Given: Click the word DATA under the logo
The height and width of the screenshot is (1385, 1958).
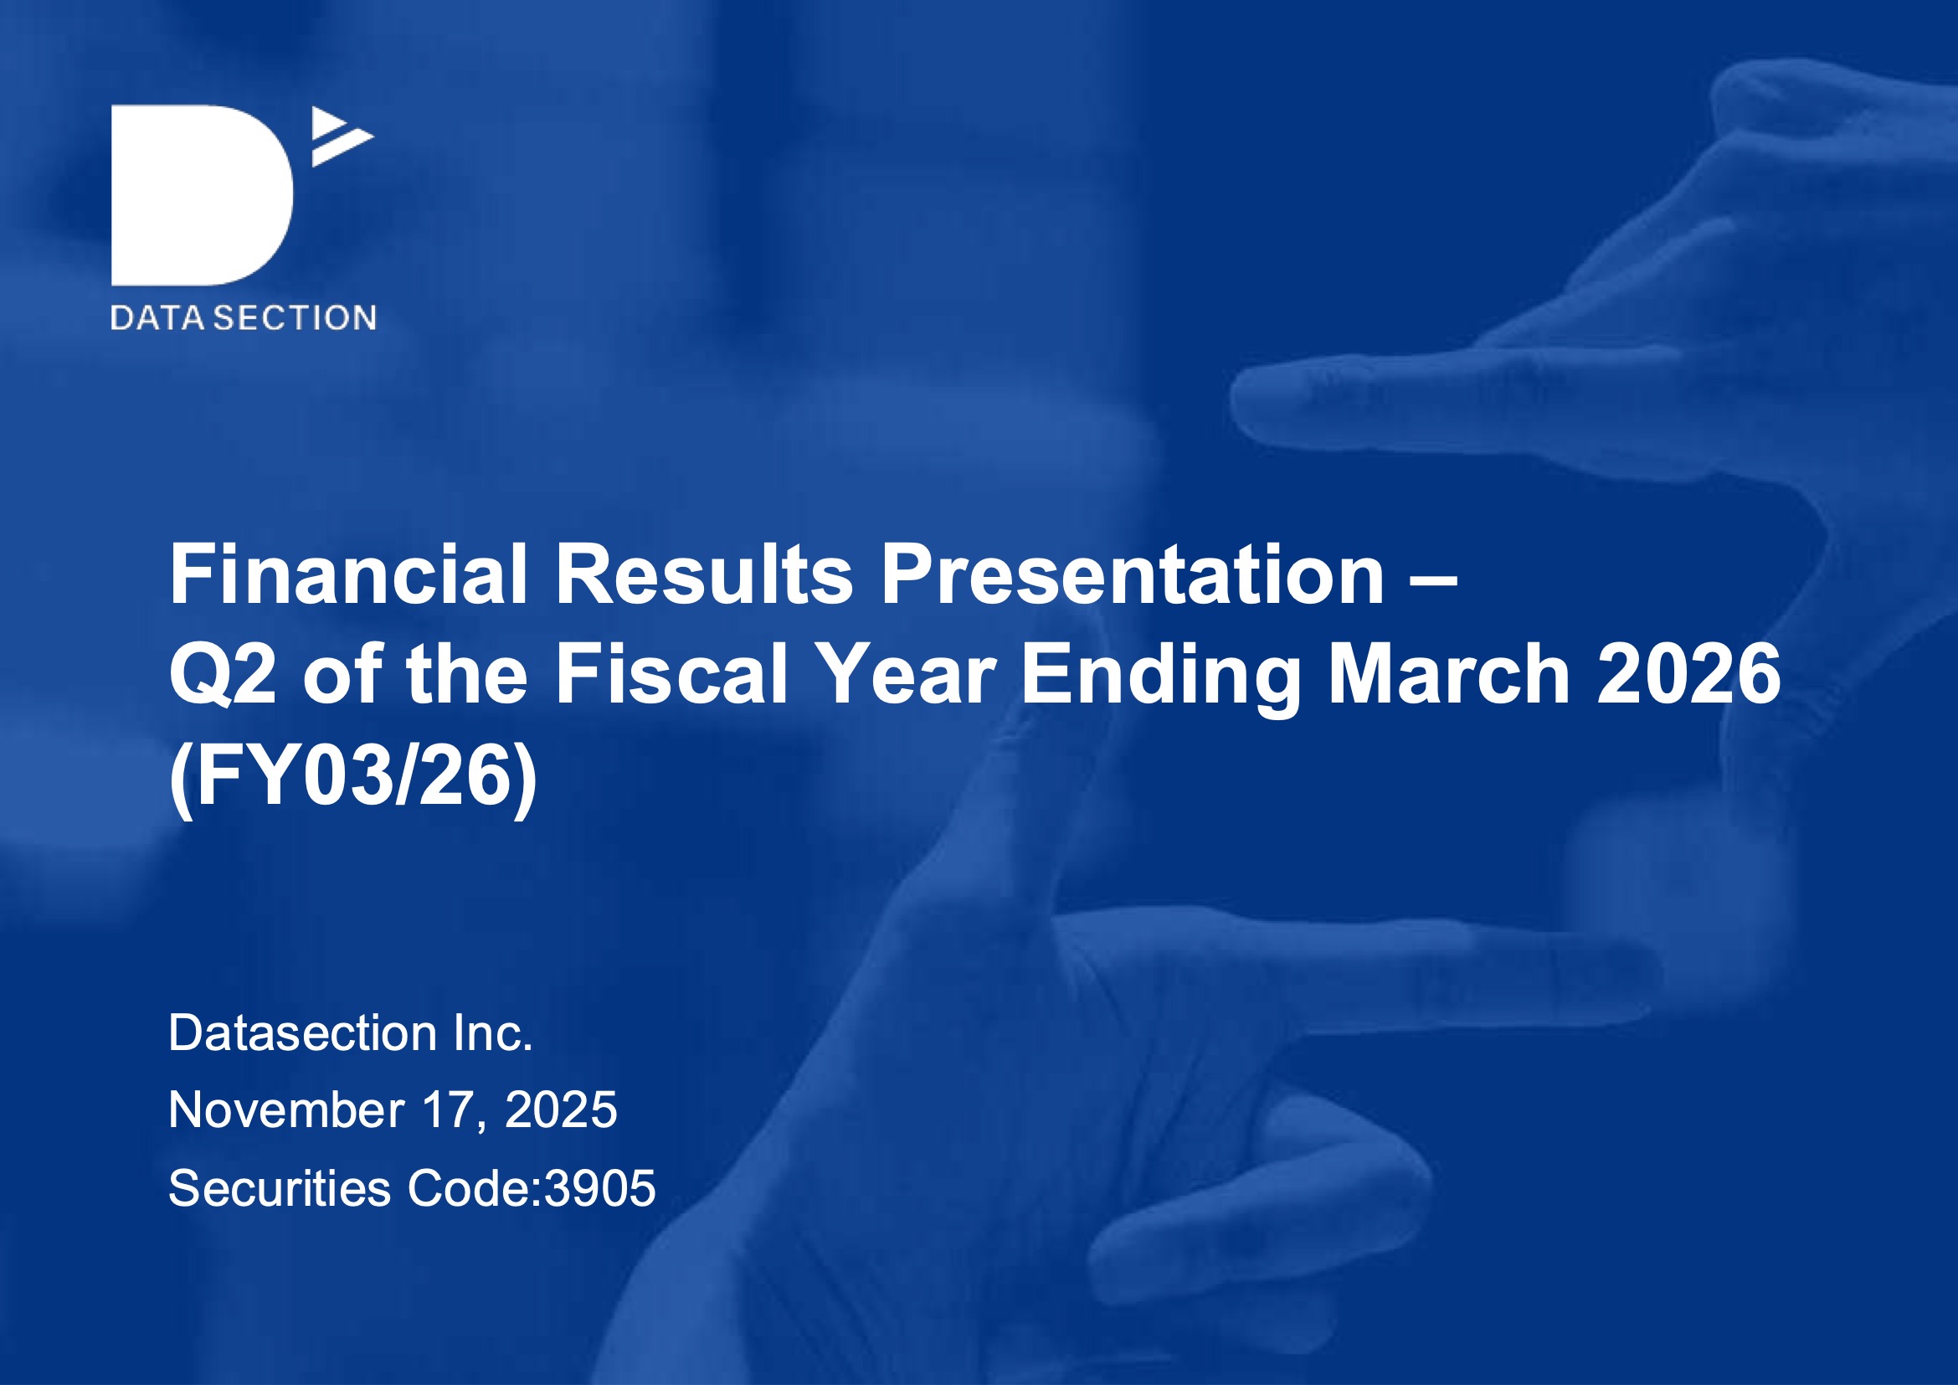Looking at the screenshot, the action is coord(157,318).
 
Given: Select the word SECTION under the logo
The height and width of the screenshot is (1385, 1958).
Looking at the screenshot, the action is coord(295,318).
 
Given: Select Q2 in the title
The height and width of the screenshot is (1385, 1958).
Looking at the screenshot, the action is coord(223,676).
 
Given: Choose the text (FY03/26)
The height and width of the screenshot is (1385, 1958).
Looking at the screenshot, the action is coord(354,779).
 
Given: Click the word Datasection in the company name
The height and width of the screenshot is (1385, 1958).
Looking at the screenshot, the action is coord(304,1032).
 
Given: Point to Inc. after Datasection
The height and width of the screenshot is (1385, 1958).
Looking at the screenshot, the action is coord(494,1032).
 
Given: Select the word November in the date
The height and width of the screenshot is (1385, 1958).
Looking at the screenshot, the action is coord(286,1110).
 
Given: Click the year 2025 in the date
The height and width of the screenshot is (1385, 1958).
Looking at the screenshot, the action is coord(561,1110).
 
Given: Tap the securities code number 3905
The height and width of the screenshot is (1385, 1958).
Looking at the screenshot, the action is coord(600,1188).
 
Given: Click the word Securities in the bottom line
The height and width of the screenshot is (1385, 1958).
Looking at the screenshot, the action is coord(280,1188).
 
